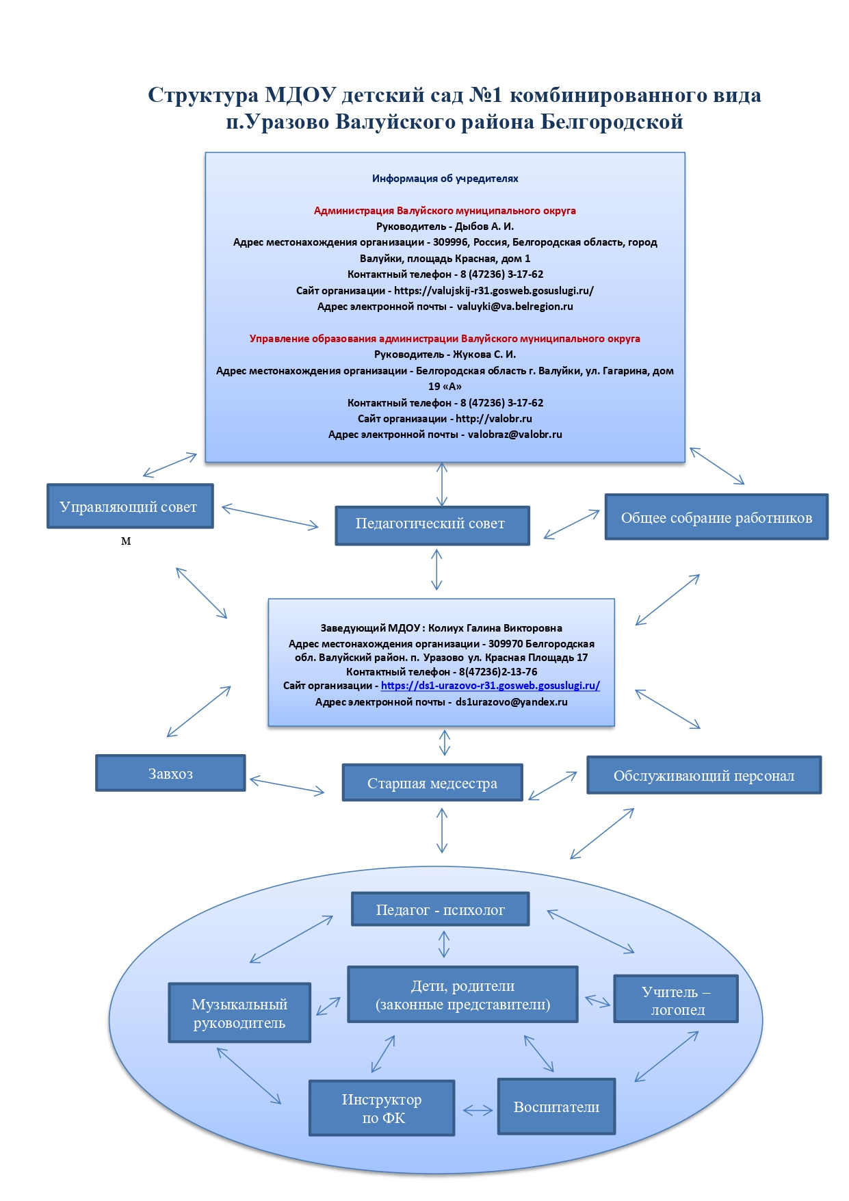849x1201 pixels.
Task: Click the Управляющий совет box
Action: pyautogui.click(x=130, y=506)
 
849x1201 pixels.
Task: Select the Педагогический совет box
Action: pyautogui.click(x=432, y=526)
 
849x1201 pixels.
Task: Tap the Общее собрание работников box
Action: pyautogui.click(x=716, y=517)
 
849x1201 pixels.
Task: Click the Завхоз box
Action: pyautogui.click(x=170, y=773)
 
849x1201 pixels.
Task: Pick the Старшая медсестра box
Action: pyautogui.click(x=432, y=783)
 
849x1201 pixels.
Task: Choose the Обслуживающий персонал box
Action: pyautogui.click(x=704, y=775)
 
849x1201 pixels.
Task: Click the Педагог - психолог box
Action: pyautogui.click(x=441, y=909)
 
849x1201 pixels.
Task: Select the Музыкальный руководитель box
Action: pyautogui.click(x=239, y=1013)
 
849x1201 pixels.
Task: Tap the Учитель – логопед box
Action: pyautogui.click(x=676, y=999)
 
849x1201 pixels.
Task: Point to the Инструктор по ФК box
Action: pyautogui.click(x=382, y=1108)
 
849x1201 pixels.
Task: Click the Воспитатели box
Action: pyautogui.click(x=556, y=1107)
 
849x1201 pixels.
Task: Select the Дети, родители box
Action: pyautogui.click(x=462, y=994)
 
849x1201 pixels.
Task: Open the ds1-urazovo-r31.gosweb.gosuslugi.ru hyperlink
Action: pyautogui.click(x=491, y=686)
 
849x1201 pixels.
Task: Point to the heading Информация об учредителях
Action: pyautogui.click(x=445, y=179)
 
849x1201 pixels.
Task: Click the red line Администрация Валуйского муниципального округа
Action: pyautogui.click(x=445, y=211)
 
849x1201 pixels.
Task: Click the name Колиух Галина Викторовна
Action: pyautogui.click(x=495, y=628)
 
